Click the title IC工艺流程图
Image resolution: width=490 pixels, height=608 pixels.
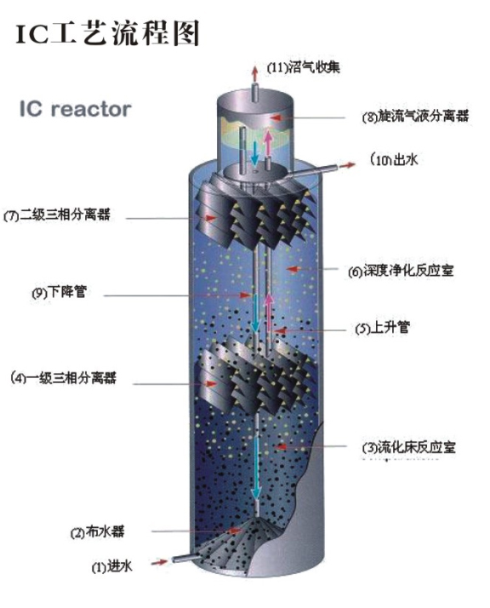(108, 33)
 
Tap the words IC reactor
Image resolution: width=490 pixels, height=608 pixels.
(76, 109)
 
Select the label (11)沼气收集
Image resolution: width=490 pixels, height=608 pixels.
(304, 67)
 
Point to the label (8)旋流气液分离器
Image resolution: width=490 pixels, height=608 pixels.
(415, 116)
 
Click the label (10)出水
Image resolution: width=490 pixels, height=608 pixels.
(394, 159)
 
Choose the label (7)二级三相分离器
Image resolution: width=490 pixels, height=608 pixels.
(57, 215)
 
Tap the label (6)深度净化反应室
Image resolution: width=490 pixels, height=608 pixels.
(401, 271)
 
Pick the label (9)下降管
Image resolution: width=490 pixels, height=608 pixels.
(59, 292)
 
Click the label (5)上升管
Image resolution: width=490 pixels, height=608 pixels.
(382, 328)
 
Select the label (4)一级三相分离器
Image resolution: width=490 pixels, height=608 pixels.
(63, 378)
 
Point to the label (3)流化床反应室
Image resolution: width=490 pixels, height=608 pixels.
(408, 447)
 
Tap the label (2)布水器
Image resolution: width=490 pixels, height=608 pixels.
(97, 531)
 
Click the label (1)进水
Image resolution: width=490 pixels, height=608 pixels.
(112, 566)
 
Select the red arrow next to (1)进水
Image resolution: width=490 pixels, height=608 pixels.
(159, 561)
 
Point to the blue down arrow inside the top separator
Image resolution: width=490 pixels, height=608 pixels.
(254, 153)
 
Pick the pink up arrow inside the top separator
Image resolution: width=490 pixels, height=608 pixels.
(268, 142)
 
